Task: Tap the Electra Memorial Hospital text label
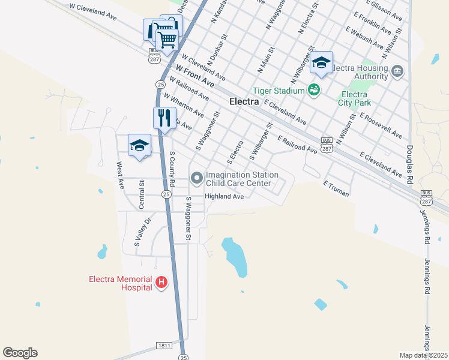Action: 120,283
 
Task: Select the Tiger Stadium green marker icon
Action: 313,91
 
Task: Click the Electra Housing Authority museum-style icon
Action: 397,72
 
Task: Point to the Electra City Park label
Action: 354,99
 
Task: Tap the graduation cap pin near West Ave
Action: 139,146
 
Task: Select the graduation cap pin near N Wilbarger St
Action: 321,63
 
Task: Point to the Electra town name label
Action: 244,102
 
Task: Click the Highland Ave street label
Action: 224,196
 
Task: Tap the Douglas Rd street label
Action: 410,156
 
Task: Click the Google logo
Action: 20,353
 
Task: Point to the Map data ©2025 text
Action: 424,355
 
